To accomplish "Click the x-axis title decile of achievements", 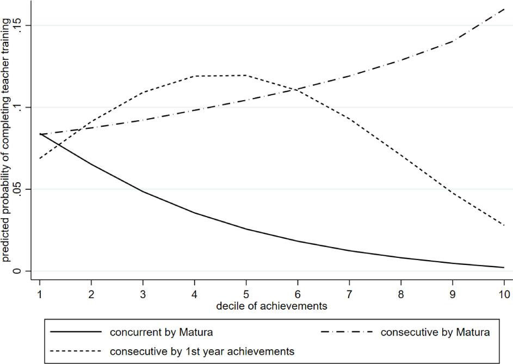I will point(271,306).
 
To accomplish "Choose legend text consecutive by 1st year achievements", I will point(202,351).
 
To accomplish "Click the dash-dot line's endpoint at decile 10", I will point(504,9).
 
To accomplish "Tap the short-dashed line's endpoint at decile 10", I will point(504,225).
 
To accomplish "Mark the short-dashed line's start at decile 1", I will point(40,158).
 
